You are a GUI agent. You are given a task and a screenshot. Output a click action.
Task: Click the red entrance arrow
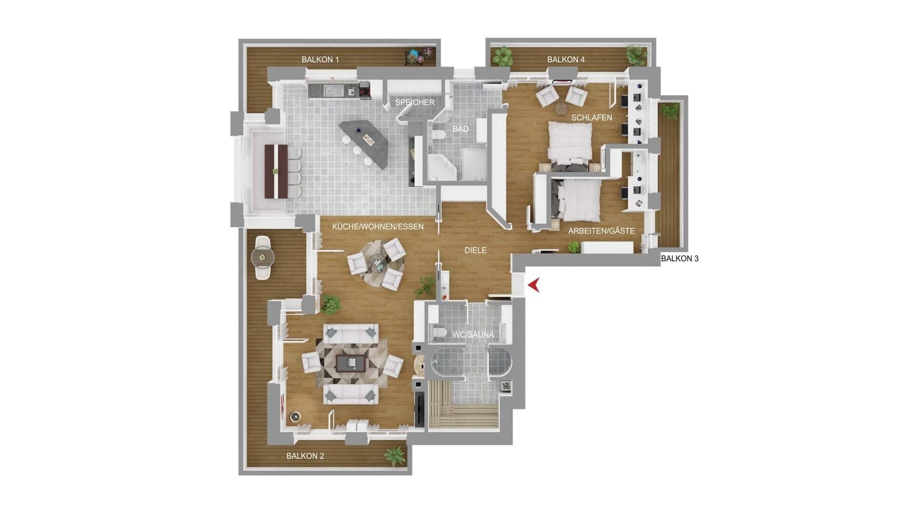[535, 286]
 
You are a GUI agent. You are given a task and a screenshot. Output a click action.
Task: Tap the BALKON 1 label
[320, 59]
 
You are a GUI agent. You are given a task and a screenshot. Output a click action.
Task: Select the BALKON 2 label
[305, 456]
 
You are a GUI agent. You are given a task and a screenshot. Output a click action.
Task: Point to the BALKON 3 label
[679, 258]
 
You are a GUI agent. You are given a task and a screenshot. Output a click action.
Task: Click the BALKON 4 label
[566, 59]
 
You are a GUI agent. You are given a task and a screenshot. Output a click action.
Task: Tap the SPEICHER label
[415, 102]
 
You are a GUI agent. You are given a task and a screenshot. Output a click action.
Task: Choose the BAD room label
[460, 129]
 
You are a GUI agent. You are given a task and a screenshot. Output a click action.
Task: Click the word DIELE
[476, 250]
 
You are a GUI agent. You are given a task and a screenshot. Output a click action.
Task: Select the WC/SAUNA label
[473, 335]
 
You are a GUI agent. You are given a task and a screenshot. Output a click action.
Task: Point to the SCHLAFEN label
[592, 118]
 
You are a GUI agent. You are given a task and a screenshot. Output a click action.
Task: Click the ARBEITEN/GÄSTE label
[601, 231]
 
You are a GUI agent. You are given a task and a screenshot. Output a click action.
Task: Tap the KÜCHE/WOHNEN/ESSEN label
[378, 227]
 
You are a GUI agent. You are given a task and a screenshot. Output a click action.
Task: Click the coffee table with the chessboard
[351, 363]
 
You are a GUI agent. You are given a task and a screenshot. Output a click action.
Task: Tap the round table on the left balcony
[263, 258]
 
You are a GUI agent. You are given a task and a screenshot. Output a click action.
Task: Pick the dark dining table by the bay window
[276, 171]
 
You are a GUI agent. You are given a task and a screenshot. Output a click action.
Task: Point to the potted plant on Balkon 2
[395, 456]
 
